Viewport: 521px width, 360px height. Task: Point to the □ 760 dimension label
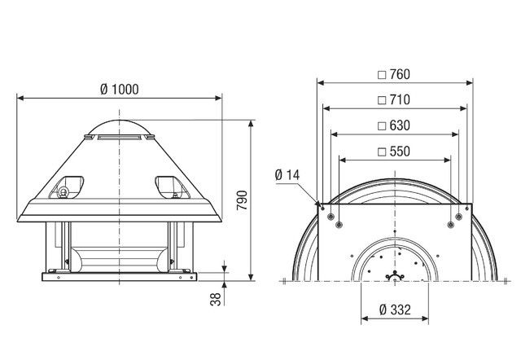pyautogui.click(x=393, y=74)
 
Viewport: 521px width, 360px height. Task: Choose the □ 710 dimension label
pyautogui.click(x=393, y=100)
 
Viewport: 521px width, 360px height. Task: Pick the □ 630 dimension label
pyautogui.click(x=393, y=125)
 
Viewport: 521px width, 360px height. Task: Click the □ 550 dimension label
pyautogui.click(x=393, y=151)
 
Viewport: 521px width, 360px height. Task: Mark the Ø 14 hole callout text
pyautogui.click(x=287, y=175)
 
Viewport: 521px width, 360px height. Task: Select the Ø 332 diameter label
pyautogui.click(x=394, y=312)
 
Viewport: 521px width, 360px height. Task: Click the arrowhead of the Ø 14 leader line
pyautogui.click(x=318, y=202)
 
